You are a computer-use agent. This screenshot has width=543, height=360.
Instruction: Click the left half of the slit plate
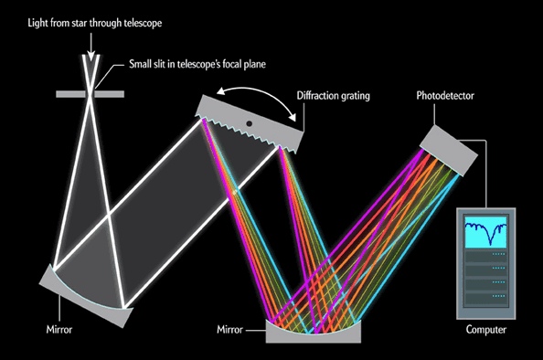click(x=69, y=93)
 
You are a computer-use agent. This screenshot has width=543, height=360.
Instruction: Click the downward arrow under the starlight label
click(x=90, y=37)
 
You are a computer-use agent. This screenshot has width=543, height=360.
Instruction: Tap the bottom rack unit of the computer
click(x=485, y=302)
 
